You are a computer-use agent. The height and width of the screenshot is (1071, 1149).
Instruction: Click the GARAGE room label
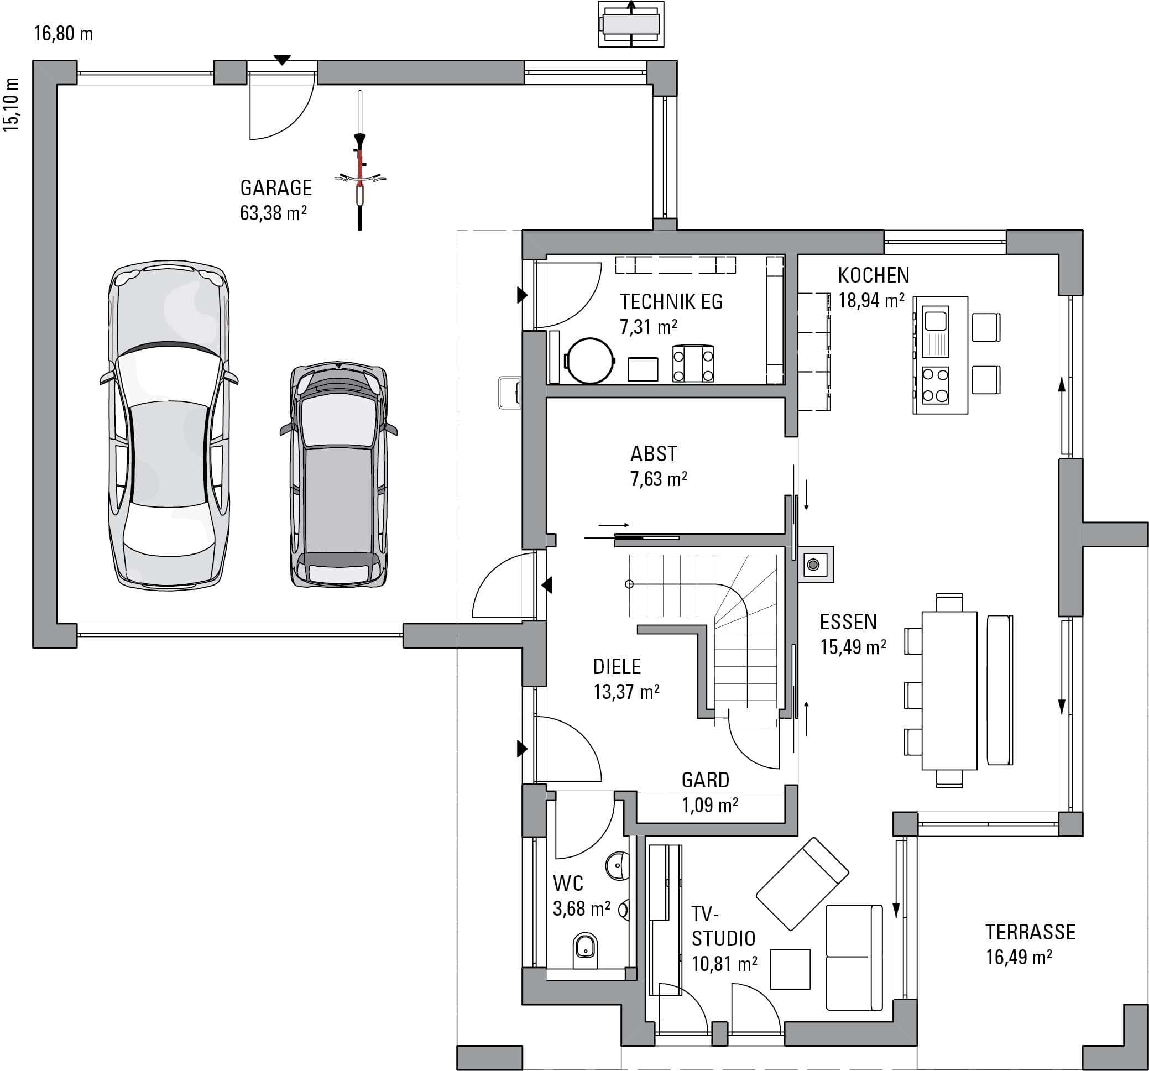pyautogui.click(x=276, y=188)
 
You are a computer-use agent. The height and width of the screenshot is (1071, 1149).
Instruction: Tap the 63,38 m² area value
pyautogui.click(x=273, y=213)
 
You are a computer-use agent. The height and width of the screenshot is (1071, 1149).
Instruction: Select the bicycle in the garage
pyautogui.click(x=360, y=160)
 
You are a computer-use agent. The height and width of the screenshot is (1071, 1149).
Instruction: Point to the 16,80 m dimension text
pyautogui.click(x=64, y=34)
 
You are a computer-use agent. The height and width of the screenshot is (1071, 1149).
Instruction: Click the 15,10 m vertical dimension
pyautogui.click(x=12, y=105)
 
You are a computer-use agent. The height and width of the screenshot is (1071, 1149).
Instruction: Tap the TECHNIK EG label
pyautogui.click(x=671, y=302)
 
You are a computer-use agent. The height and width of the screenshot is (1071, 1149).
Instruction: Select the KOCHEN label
pyautogui.click(x=873, y=275)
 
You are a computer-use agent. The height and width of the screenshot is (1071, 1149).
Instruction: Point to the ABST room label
pyautogui.click(x=653, y=454)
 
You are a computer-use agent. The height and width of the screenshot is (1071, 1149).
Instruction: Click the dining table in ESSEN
pyautogui.click(x=949, y=690)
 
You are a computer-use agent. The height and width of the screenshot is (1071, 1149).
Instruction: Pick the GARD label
pyautogui.click(x=705, y=780)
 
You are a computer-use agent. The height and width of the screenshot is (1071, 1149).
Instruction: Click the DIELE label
pyautogui.click(x=617, y=666)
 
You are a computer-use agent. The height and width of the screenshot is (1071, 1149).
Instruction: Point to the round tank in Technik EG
pyautogui.click(x=590, y=361)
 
